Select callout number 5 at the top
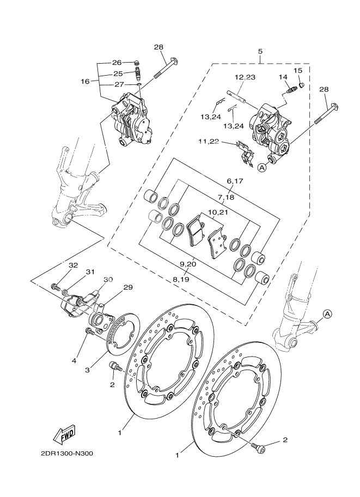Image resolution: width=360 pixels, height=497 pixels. click(260, 51)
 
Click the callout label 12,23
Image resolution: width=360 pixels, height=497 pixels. click(245, 77)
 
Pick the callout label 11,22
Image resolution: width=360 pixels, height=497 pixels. click(209, 142)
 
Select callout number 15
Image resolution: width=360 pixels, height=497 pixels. click(298, 71)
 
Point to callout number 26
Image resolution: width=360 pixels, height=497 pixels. click(117, 62)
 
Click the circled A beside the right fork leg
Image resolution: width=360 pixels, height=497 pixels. click(327, 314)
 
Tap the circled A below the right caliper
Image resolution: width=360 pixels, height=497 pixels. click(262, 168)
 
